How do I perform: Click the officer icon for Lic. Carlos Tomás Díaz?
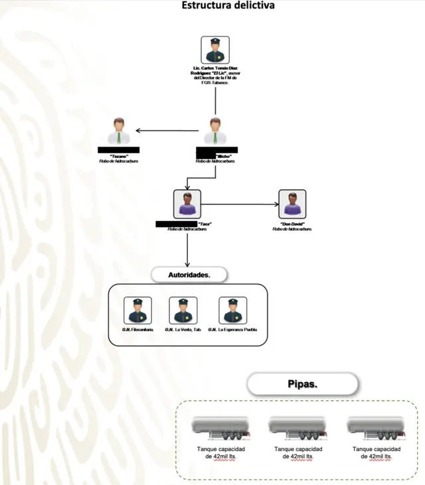tap(214, 50)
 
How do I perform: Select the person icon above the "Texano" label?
tap(120, 131)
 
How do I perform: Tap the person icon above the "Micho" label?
tap(214, 131)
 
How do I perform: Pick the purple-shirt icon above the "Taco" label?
tap(187, 203)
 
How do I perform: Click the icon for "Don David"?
tap(292, 203)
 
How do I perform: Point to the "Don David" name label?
tap(292, 224)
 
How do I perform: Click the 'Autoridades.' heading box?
tap(189, 273)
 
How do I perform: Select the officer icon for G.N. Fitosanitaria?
tap(137, 310)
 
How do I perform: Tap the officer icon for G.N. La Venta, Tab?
tap(183, 310)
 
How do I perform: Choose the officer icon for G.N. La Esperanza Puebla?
tap(232, 310)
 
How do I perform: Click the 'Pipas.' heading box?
tap(302, 384)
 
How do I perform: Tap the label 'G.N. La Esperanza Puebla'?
tap(233, 330)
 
